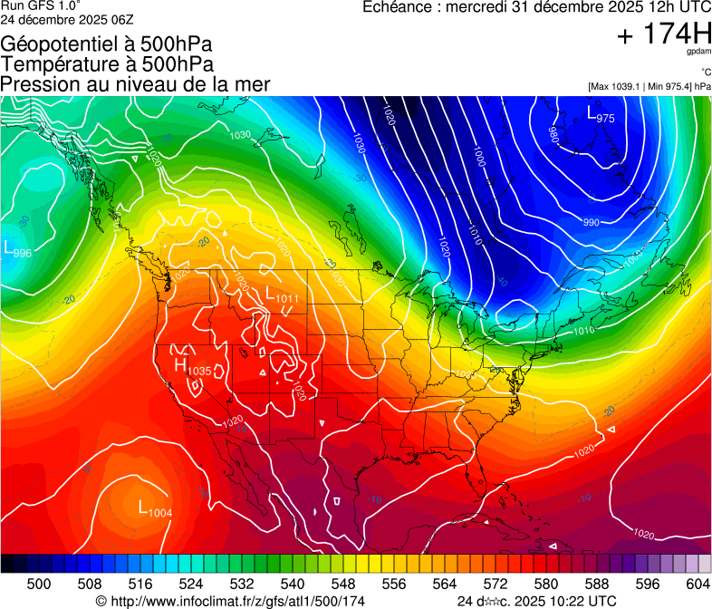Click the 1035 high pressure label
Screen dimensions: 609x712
tap(193, 367)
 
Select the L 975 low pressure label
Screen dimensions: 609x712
tap(601, 115)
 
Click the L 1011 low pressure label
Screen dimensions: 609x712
tap(282, 295)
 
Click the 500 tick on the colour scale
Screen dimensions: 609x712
tap(39, 584)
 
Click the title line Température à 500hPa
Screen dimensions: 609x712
tap(107, 64)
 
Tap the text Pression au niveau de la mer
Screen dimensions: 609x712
tap(135, 84)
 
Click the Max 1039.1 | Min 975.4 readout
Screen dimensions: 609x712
tap(649, 86)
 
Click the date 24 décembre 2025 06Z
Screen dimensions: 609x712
tap(63, 20)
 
